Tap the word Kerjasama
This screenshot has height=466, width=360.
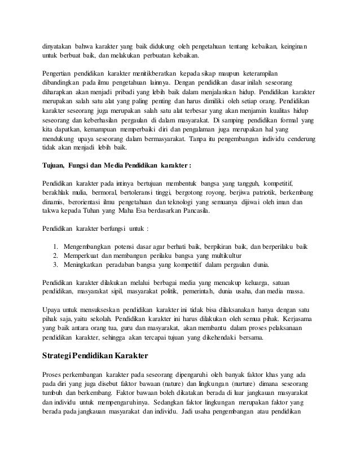pos(294,319)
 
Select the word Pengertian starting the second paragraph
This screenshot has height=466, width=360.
pos(60,73)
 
